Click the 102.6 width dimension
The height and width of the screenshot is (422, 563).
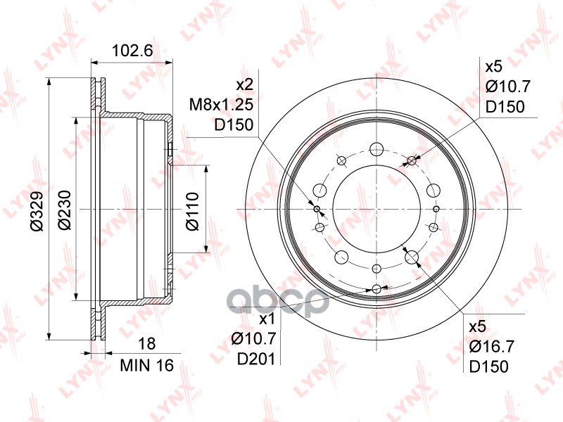tap(132, 51)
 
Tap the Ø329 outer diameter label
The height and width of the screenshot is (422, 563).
tap(37, 210)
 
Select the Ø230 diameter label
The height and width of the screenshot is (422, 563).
tap(65, 210)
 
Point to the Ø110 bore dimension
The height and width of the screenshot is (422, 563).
tap(192, 212)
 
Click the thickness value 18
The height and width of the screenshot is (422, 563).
tap(146, 343)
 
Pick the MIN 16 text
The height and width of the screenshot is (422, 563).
tap(147, 365)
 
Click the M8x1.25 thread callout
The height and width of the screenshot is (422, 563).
tap(221, 105)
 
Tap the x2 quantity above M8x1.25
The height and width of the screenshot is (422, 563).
tap(244, 84)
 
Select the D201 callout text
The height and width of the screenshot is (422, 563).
tap(256, 359)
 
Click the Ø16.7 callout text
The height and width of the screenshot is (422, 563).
tap(492, 347)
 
